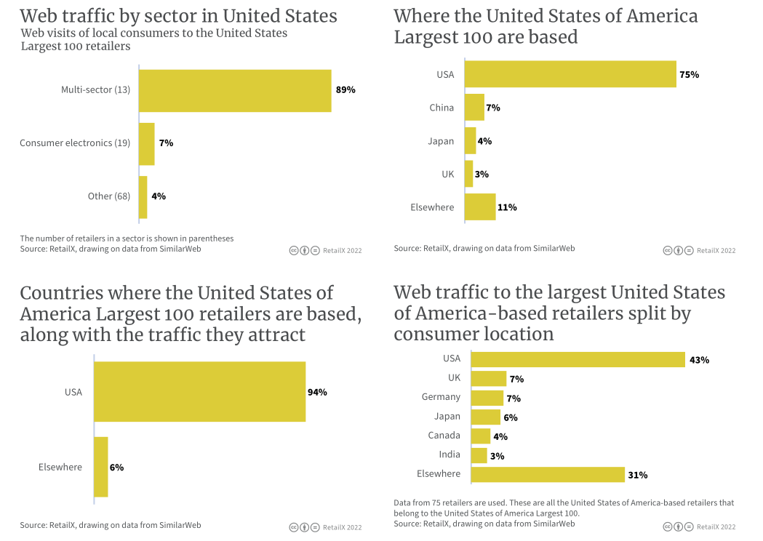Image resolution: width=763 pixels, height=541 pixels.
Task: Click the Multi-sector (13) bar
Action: pos(235,91)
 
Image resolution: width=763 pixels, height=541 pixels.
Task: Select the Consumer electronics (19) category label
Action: pos(75,143)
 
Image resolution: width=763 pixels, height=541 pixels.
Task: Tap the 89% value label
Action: pos(345,90)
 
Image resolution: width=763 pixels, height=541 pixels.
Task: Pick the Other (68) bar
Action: pos(143,196)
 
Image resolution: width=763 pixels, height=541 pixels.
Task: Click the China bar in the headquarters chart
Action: pos(474,108)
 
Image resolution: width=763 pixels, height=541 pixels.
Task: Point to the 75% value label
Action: pos(690,74)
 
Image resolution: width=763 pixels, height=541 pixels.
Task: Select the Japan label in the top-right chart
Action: pos(441,141)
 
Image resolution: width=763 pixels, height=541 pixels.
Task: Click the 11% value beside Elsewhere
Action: pos(507,207)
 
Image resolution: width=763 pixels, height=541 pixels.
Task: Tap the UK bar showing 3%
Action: pos(468,175)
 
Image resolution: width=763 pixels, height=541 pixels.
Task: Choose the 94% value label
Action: pos(317,392)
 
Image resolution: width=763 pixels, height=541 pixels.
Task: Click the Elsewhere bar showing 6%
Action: pos(101,467)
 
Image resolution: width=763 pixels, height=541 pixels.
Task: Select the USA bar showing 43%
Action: pos(578,359)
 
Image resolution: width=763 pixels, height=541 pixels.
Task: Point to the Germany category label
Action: pos(441,397)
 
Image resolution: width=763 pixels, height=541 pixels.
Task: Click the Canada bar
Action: pos(481,436)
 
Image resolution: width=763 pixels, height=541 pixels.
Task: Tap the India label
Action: pos(449,454)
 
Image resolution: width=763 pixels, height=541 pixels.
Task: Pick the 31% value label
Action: pos(638,476)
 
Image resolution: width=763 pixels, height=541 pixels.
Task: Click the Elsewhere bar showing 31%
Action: pos(548,475)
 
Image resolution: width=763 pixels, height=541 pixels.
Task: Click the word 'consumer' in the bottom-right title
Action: pos(436,334)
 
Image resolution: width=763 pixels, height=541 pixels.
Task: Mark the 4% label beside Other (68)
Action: pos(159,196)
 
